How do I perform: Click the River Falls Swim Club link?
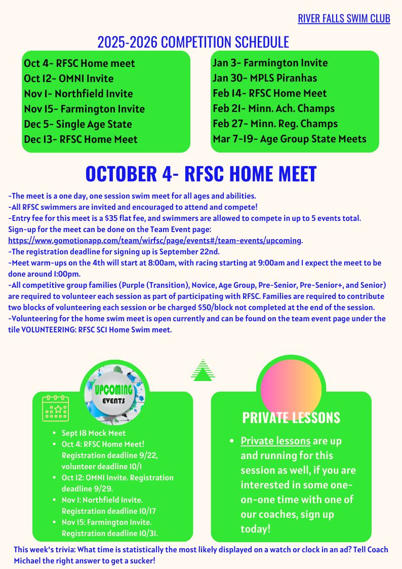pos(344,19)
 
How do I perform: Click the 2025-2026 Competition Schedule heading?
pos(193,42)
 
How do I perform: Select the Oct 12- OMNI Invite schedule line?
pos(69,79)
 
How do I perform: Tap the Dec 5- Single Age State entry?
pos(78,124)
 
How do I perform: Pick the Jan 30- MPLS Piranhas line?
pos(265,78)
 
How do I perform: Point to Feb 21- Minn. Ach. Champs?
pos(273,108)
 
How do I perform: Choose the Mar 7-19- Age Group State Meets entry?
pos(289,139)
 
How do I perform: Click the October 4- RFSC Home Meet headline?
pos(201,174)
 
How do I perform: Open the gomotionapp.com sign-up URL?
pos(155,241)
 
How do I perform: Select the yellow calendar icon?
pos(55,408)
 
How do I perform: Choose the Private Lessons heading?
pos(291,418)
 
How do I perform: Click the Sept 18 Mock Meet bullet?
pos(94,433)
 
